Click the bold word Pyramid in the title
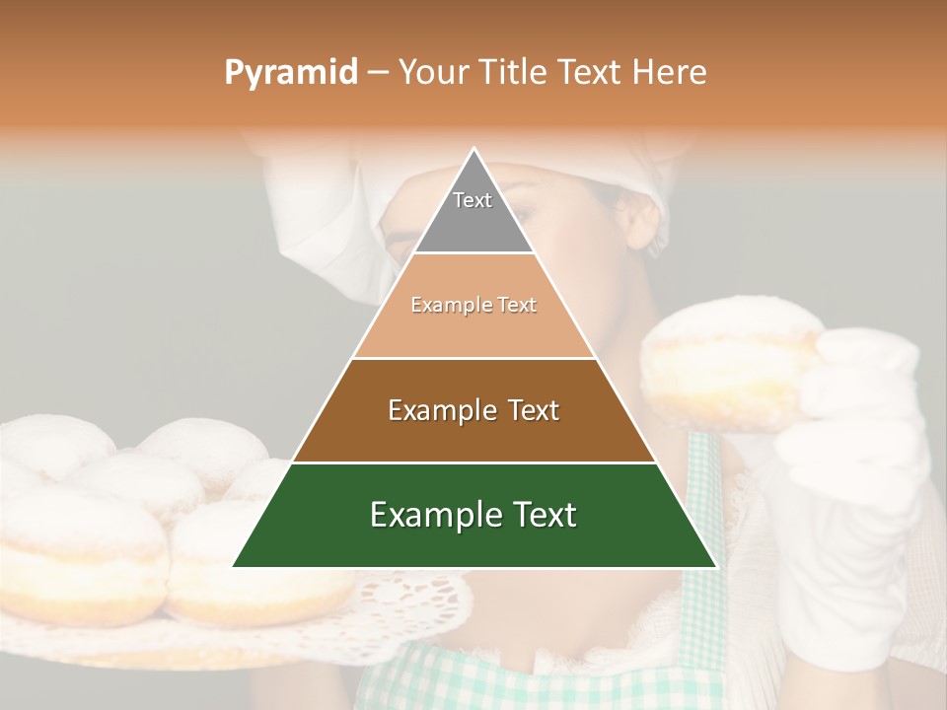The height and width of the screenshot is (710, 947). [x=291, y=72]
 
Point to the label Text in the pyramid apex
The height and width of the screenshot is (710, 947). [x=473, y=200]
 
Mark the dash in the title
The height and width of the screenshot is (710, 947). [x=378, y=73]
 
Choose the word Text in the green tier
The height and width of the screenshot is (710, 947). [x=543, y=515]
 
